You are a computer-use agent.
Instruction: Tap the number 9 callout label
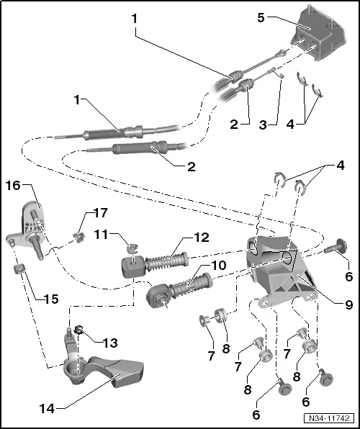point(348,304)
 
